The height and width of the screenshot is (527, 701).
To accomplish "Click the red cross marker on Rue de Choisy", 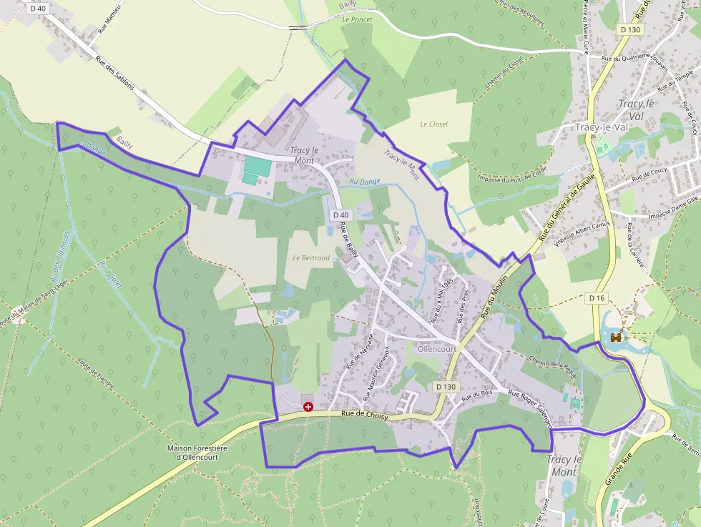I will click(x=308, y=406).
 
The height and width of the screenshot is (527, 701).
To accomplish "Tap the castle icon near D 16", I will click(x=616, y=337).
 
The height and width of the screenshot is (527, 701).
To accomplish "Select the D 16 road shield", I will click(x=597, y=297).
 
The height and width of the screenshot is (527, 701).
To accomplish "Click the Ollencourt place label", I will click(x=436, y=349).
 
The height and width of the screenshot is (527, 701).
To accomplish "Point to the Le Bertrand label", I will click(x=311, y=257).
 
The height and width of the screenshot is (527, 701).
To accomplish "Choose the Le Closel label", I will click(x=434, y=124).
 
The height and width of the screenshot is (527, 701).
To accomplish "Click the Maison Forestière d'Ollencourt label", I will click(x=196, y=453).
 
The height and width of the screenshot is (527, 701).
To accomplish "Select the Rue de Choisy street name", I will click(x=364, y=413).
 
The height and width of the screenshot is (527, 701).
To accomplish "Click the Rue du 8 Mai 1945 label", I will click(x=442, y=300).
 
